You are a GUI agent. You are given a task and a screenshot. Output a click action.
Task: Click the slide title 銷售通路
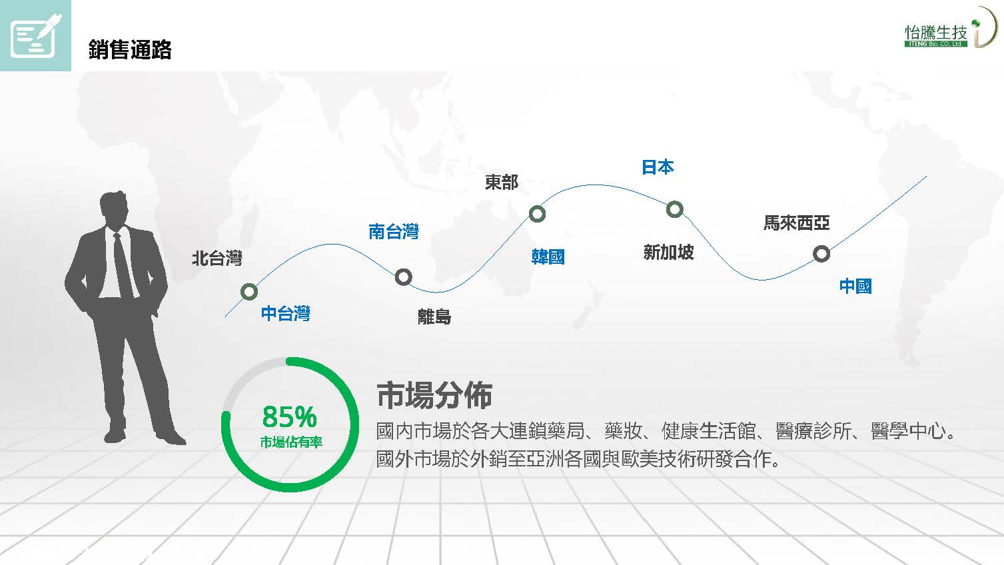(130, 49)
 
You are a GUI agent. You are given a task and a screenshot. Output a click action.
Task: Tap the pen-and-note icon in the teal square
(35, 35)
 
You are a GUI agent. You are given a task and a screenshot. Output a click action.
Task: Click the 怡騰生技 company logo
(950, 28)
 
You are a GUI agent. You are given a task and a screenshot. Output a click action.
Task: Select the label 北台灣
(217, 259)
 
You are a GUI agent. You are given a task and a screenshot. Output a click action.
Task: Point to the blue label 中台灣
(286, 313)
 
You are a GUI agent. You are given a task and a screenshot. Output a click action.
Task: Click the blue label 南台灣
(394, 231)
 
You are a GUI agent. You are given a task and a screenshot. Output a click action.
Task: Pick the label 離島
(434, 316)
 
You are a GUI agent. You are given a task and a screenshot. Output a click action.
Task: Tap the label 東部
(502, 182)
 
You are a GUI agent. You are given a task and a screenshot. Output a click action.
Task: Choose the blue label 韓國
(548, 257)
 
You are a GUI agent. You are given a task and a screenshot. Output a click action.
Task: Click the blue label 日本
(658, 167)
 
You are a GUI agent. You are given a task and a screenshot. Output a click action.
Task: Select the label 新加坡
(669, 252)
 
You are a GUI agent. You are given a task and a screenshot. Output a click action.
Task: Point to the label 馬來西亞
(797, 223)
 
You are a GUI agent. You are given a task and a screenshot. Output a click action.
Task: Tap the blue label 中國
(855, 286)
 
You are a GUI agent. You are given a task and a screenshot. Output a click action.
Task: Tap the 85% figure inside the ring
(289, 416)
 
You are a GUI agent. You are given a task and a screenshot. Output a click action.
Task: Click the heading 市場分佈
(434, 396)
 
